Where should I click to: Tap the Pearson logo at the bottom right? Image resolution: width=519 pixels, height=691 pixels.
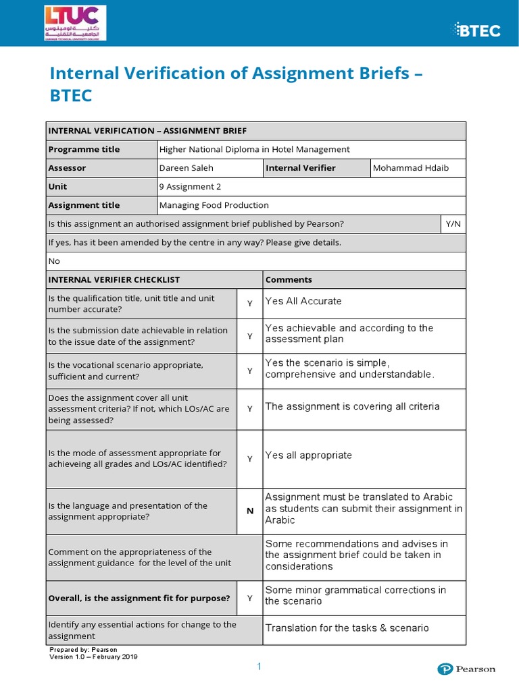pos(466,669)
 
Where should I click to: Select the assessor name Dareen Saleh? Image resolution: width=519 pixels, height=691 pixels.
pos(180,168)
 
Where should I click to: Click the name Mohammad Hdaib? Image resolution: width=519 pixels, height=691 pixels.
pos(410,168)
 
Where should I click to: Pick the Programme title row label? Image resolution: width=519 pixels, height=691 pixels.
pos(84,149)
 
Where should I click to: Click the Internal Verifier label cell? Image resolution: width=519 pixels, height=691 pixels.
pos(301,168)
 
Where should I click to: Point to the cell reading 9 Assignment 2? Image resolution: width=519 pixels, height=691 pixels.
pos(190,186)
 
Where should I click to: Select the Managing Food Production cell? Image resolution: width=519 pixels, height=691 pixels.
pos(214,205)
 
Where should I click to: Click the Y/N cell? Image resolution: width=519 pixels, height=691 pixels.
pos(453,223)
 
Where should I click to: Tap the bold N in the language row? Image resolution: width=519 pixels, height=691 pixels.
pos(249,511)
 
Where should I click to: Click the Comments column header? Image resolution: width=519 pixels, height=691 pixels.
pos(289,279)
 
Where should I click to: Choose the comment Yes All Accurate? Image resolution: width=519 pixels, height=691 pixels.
pos(303,301)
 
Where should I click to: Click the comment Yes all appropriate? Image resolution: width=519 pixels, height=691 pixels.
pos(308,455)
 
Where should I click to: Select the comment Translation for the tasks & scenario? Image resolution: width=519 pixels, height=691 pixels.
pos(347,628)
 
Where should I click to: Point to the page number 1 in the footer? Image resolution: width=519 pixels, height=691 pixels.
pos(258,667)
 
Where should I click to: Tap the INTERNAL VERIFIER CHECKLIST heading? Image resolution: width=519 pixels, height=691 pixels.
pos(114,279)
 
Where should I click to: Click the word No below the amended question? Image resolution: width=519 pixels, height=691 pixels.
pos(54,261)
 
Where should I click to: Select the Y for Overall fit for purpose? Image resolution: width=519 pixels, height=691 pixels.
pos(249,598)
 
